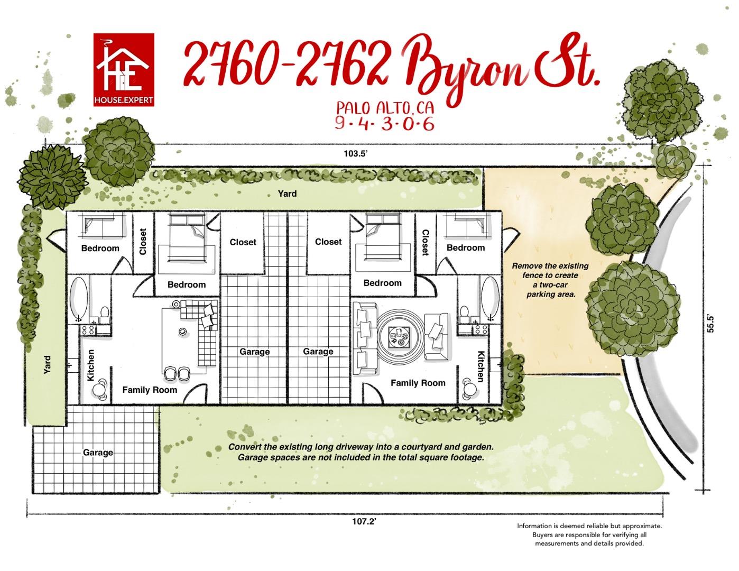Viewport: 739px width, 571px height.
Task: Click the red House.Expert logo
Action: [x=124, y=70]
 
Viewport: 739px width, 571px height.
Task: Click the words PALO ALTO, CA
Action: [x=385, y=107]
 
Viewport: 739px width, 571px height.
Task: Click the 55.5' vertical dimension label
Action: [x=711, y=324]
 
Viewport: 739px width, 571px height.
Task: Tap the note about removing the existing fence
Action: [x=550, y=280]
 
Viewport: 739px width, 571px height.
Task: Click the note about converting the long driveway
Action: [x=361, y=452]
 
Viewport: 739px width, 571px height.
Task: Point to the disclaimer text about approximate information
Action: [x=589, y=535]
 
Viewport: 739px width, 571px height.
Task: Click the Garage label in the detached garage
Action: [x=98, y=453]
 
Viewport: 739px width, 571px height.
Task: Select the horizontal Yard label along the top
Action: [x=287, y=194]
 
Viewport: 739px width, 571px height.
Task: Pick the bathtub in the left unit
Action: [x=79, y=299]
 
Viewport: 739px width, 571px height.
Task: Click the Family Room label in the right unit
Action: [x=418, y=383]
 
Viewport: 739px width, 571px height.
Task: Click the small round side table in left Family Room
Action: [x=182, y=331]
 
